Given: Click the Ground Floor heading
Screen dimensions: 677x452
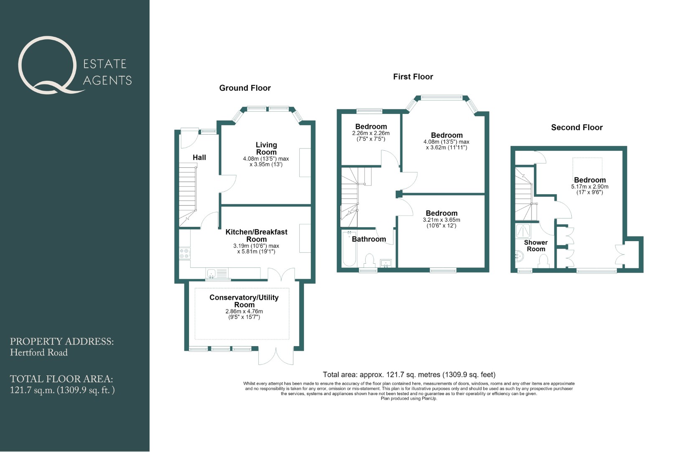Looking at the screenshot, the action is (x=245, y=88).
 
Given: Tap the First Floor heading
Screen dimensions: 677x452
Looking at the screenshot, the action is (x=413, y=77).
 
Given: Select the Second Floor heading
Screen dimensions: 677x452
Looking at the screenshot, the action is (x=577, y=128).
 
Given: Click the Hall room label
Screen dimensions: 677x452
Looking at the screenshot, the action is (x=199, y=157).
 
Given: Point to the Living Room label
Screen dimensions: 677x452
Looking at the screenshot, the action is (x=266, y=148).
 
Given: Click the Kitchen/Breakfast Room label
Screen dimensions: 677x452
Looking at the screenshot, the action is (x=256, y=236).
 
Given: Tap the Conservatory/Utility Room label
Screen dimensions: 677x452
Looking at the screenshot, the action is (x=244, y=301).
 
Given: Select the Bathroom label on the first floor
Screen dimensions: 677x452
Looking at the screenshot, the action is (x=369, y=239).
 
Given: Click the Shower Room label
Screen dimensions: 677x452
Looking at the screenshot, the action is (x=536, y=246).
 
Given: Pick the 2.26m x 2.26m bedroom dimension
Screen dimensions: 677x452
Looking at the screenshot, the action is (x=371, y=133).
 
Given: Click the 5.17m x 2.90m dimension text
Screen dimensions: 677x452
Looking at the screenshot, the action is (x=590, y=187).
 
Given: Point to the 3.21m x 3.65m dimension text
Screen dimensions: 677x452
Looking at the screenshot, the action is (x=441, y=220).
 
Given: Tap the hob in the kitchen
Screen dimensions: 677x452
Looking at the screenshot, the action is (x=185, y=253).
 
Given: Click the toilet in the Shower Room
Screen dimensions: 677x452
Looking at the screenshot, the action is (x=543, y=261).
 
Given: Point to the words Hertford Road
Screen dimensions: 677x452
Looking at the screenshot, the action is (x=39, y=353).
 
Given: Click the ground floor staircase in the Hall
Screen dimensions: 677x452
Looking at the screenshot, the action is (x=188, y=195).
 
